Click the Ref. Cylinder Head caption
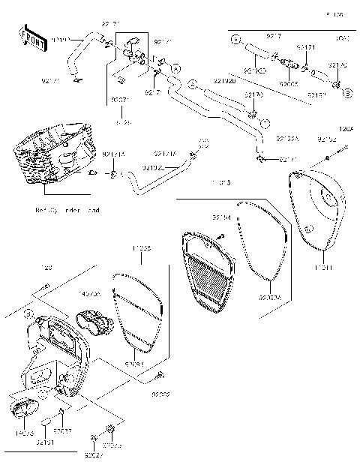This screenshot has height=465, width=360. pos(67,211)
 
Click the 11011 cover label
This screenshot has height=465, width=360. pos(323,268)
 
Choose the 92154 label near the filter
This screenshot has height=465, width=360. pos(221,217)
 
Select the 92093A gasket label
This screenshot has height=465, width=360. pos(270,298)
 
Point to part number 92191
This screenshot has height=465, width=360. pos(45,443)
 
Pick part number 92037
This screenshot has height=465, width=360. pos(64,431)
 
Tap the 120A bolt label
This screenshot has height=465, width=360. pos(346,129)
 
